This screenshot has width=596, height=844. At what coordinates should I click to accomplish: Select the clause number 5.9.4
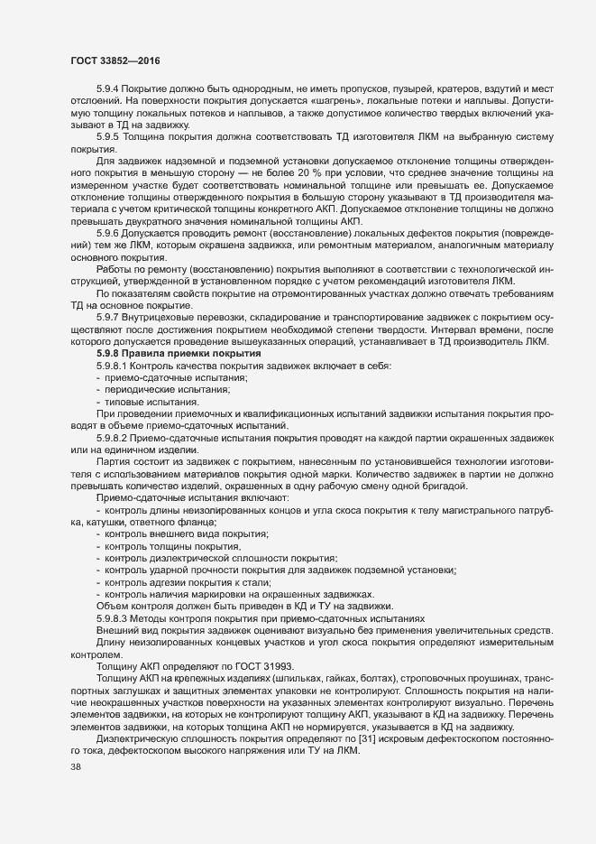[108, 92]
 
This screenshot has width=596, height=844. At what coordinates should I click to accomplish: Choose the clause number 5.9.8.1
[113, 366]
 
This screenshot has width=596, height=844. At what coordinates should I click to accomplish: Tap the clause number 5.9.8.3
[113, 617]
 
